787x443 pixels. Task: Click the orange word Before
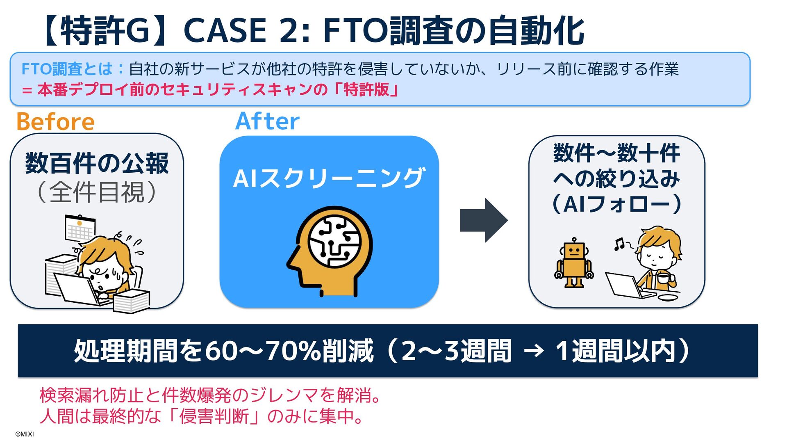pos(55,122)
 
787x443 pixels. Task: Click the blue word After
pos(267,121)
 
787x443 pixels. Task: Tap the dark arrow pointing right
pos(484,220)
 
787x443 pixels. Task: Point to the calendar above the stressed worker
pos(80,228)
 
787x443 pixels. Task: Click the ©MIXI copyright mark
pos(25,434)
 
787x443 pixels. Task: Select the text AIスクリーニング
pos(329,178)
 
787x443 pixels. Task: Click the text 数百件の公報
pos(97,163)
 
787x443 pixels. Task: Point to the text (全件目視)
pos(97,192)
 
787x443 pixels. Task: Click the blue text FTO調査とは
pos(67,69)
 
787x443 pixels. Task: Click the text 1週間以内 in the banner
pos(615,351)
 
